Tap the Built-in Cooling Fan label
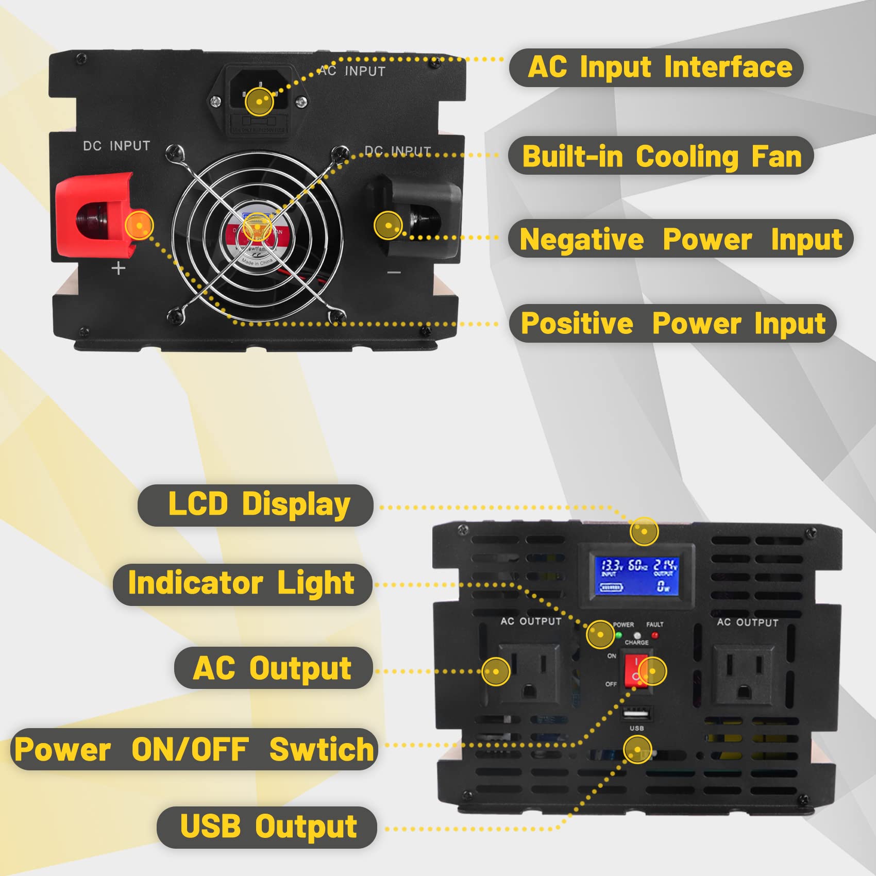point(661,156)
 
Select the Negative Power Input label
point(680,239)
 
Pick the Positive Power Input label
point(672,323)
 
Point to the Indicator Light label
point(242,584)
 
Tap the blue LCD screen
point(637,576)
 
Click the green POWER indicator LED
point(618,635)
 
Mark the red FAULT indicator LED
point(655,635)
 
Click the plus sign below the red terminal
point(119,268)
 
